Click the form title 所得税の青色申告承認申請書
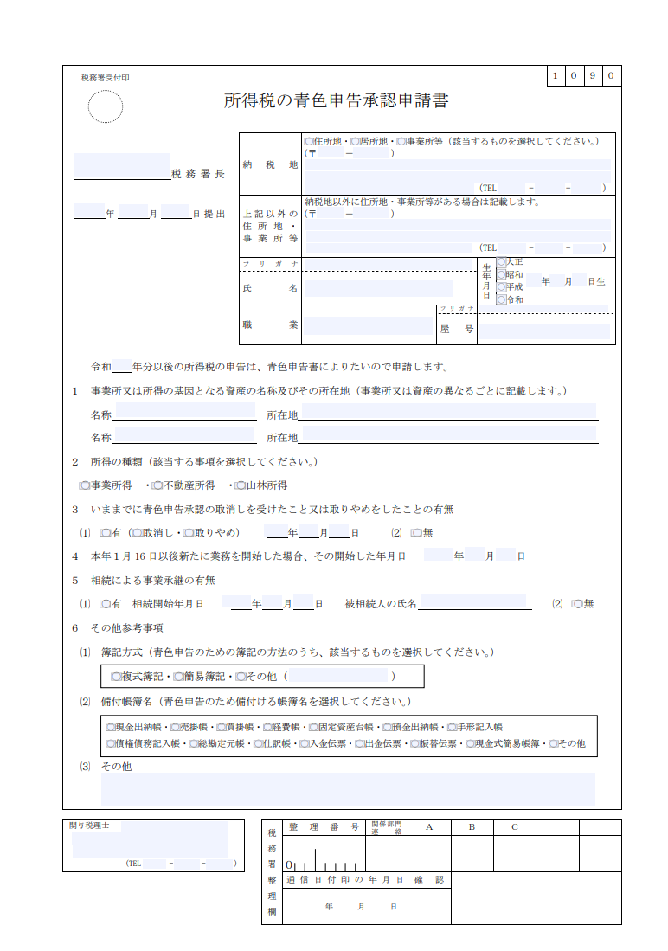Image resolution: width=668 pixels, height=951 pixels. [x=336, y=100]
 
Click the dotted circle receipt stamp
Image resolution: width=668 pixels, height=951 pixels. [x=106, y=107]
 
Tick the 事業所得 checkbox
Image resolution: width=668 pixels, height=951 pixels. [x=85, y=485]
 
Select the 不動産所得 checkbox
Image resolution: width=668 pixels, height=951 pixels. [x=157, y=485]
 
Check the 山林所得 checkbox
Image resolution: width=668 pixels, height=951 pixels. [x=241, y=485]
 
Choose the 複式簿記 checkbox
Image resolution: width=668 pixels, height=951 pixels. [x=116, y=676]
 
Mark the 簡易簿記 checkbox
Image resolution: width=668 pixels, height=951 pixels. [x=178, y=676]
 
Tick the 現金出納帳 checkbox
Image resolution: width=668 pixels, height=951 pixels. [x=110, y=728]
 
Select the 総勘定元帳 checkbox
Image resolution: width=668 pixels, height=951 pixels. [x=193, y=743]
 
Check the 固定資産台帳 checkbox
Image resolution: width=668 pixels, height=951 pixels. [x=312, y=728]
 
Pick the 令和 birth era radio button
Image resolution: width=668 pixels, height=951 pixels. [x=501, y=299]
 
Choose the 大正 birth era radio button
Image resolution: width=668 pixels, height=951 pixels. [x=501, y=262]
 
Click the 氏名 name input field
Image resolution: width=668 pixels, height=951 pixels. [x=377, y=288]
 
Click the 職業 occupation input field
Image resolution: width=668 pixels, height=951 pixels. [x=367, y=325]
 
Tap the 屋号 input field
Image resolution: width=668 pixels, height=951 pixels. [x=544, y=331]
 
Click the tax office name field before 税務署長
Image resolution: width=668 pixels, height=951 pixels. [x=121, y=166]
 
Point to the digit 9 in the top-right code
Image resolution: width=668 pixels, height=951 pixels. [x=593, y=76]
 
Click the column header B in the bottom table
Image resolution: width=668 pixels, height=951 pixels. [x=472, y=827]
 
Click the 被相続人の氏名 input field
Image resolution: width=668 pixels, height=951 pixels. [x=475, y=602]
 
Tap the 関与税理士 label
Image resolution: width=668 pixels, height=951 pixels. [x=89, y=826]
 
